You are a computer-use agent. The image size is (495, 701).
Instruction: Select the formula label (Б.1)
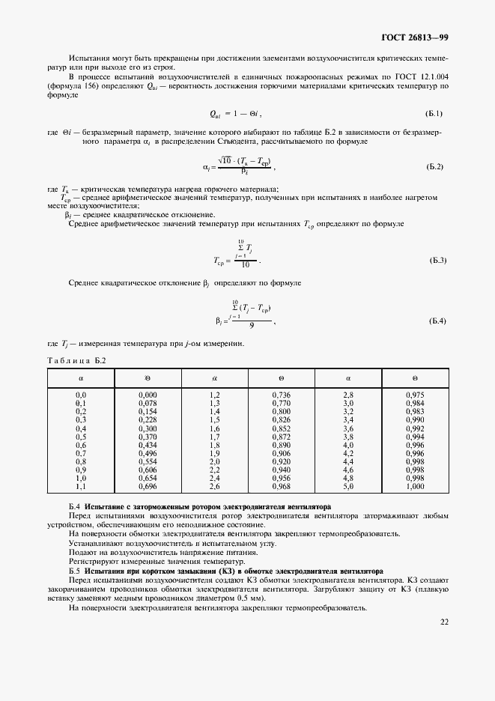point(434,113)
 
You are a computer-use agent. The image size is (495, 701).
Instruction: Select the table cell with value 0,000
point(148,394)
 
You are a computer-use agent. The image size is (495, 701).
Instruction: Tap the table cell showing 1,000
point(414,487)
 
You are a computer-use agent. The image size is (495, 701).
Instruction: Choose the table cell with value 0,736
point(282,394)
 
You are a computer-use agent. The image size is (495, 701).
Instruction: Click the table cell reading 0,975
point(414,394)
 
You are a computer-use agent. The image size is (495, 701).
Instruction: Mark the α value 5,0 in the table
point(347,487)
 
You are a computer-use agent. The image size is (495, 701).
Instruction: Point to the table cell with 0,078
point(148,403)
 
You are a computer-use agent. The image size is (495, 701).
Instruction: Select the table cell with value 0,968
point(282,487)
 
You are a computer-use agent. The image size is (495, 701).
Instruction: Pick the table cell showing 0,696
point(148,487)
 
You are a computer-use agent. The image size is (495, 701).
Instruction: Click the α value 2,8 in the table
point(347,394)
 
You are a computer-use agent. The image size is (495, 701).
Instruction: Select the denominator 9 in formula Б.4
point(251,326)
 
